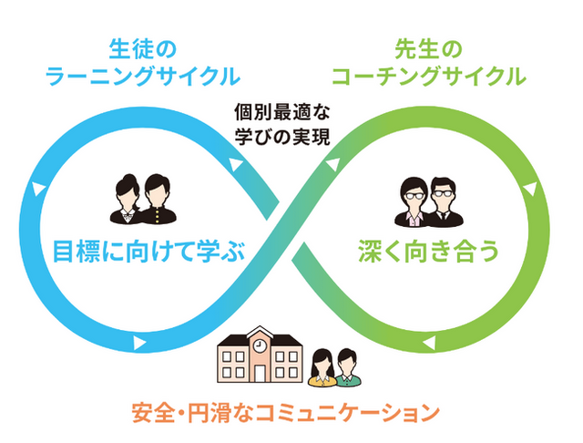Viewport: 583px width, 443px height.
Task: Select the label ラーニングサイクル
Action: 140,75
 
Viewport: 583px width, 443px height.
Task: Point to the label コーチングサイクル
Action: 429,75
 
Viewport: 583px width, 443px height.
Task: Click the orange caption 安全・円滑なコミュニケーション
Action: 285,412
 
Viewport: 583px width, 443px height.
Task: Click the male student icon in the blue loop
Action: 156,199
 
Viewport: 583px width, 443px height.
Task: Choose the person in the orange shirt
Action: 322,368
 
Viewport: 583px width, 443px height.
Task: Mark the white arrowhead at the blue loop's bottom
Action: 139,344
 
